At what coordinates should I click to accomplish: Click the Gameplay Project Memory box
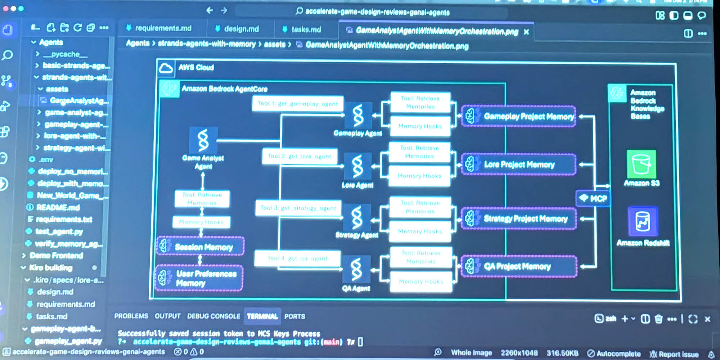518,116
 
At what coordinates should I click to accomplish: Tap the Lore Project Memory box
518,165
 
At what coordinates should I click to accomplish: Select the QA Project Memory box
518,266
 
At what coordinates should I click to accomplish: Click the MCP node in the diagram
593,198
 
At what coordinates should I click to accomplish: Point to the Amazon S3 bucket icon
641,164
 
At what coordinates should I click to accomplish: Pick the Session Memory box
201,247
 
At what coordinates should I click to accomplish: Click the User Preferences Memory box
199,278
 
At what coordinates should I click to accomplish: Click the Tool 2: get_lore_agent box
300,156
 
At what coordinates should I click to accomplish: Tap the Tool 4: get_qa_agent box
297,258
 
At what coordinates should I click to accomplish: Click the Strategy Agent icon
357,217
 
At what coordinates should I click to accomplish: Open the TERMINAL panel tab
262,316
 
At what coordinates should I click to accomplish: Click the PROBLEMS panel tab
131,316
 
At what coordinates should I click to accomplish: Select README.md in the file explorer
58,207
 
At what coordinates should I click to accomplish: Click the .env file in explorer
46,159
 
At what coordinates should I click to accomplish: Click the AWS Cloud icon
166,68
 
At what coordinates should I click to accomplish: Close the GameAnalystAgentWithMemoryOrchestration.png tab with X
526,32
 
